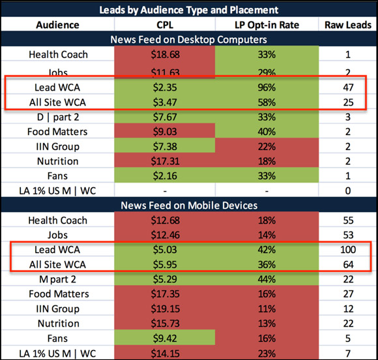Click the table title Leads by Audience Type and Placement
tap(189, 10)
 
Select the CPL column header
tap(165, 25)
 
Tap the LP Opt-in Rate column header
tap(267, 25)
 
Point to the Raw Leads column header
tap(348, 25)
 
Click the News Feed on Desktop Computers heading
tap(188, 40)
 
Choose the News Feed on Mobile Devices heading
tap(189, 205)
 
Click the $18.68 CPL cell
tap(165, 55)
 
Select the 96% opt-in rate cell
tap(267, 87)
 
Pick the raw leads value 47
tap(348, 87)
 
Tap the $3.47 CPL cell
tap(165, 102)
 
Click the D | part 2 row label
tap(58, 117)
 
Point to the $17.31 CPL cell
tap(165, 161)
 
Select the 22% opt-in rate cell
tap(267, 147)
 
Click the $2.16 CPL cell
tap(165, 176)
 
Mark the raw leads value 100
tap(348, 250)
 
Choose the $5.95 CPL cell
tap(165, 264)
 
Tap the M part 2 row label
tap(57, 279)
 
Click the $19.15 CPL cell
tap(165, 309)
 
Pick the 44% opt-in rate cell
tap(267, 279)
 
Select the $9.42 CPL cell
tap(165, 338)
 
